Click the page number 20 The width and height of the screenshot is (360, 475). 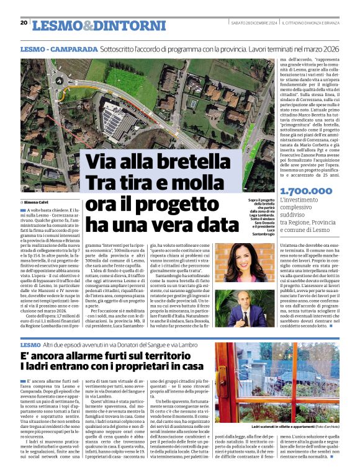click(24, 23)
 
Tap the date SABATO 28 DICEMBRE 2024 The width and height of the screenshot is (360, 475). click(253, 23)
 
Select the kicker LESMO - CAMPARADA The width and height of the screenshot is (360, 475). click(58, 48)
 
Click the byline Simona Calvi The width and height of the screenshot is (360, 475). click(38, 202)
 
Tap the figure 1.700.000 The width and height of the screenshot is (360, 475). click(306, 192)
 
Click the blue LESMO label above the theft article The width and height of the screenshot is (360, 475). click(30, 344)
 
